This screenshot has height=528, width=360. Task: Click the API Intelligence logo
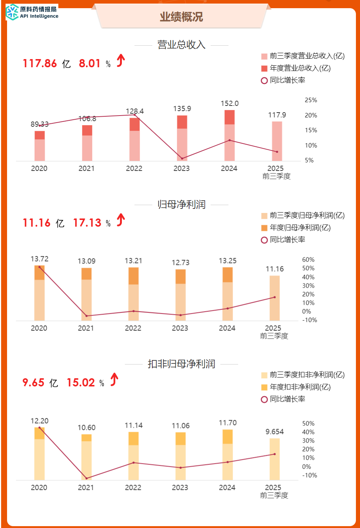coord(32,12)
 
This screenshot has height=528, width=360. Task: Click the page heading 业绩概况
coord(181,17)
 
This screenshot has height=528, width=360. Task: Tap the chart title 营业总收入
coord(181,45)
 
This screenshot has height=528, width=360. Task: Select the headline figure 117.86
coord(40,64)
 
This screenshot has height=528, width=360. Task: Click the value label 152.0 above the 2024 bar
coord(230,104)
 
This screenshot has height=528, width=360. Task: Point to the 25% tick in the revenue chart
coord(311,100)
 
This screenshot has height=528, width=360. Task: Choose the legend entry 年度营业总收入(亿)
coord(300,68)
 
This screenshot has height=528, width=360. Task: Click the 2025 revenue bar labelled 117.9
coord(277,141)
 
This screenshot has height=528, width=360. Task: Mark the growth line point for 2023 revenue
coord(182,159)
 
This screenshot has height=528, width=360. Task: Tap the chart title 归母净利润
coord(181,204)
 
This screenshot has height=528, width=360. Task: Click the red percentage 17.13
coord(87,223)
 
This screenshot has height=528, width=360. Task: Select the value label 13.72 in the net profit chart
coord(39,259)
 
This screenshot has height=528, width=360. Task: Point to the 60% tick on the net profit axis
coord(308,260)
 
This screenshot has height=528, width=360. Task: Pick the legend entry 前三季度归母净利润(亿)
coord(307,216)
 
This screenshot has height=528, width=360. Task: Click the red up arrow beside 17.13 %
coord(121,220)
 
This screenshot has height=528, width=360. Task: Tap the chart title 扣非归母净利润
coord(181,364)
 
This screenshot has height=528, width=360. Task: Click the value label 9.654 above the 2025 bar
coord(275,432)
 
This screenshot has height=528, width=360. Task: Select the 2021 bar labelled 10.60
coord(87,457)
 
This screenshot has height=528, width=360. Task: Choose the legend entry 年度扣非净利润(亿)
coord(300,387)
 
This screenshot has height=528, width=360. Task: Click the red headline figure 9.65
coord(33,383)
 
